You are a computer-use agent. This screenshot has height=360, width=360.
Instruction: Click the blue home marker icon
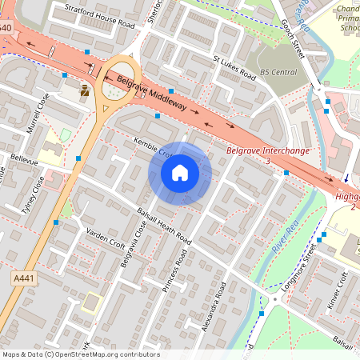pos(180,173)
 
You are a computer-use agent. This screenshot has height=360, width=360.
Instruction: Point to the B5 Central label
pos(278,72)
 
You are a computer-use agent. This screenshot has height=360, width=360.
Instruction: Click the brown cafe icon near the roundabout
pos(85,90)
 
